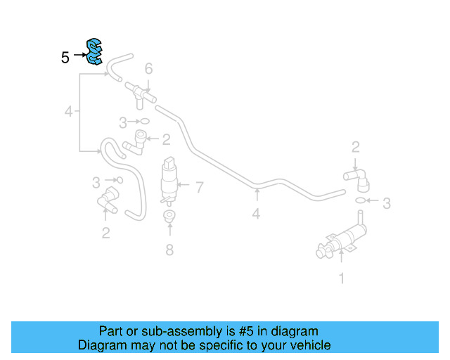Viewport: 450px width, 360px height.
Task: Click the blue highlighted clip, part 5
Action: (94, 51)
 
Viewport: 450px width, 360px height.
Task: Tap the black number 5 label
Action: (65, 58)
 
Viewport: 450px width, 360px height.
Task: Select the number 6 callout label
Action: (148, 69)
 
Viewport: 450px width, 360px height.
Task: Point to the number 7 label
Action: (200, 188)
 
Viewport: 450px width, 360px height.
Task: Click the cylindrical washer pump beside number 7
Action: (169, 181)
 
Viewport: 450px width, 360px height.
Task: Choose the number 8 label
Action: (169, 250)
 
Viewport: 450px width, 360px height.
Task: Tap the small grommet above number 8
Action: (169, 216)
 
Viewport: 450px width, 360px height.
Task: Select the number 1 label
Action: (342, 278)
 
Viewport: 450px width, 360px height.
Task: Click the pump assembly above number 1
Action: (342, 238)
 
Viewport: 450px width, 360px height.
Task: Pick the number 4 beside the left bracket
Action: (69, 111)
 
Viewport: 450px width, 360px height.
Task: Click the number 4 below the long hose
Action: (256, 214)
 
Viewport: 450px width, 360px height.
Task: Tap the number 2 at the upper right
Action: (356, 147)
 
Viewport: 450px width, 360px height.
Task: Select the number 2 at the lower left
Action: (106, 233)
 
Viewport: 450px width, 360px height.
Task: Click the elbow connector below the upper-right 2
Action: (357, 179)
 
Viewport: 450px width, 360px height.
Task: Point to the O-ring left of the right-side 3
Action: (361, 200)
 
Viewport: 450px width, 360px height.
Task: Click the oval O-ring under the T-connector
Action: (145, 121)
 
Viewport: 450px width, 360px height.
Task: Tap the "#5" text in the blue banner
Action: (246, 331)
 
